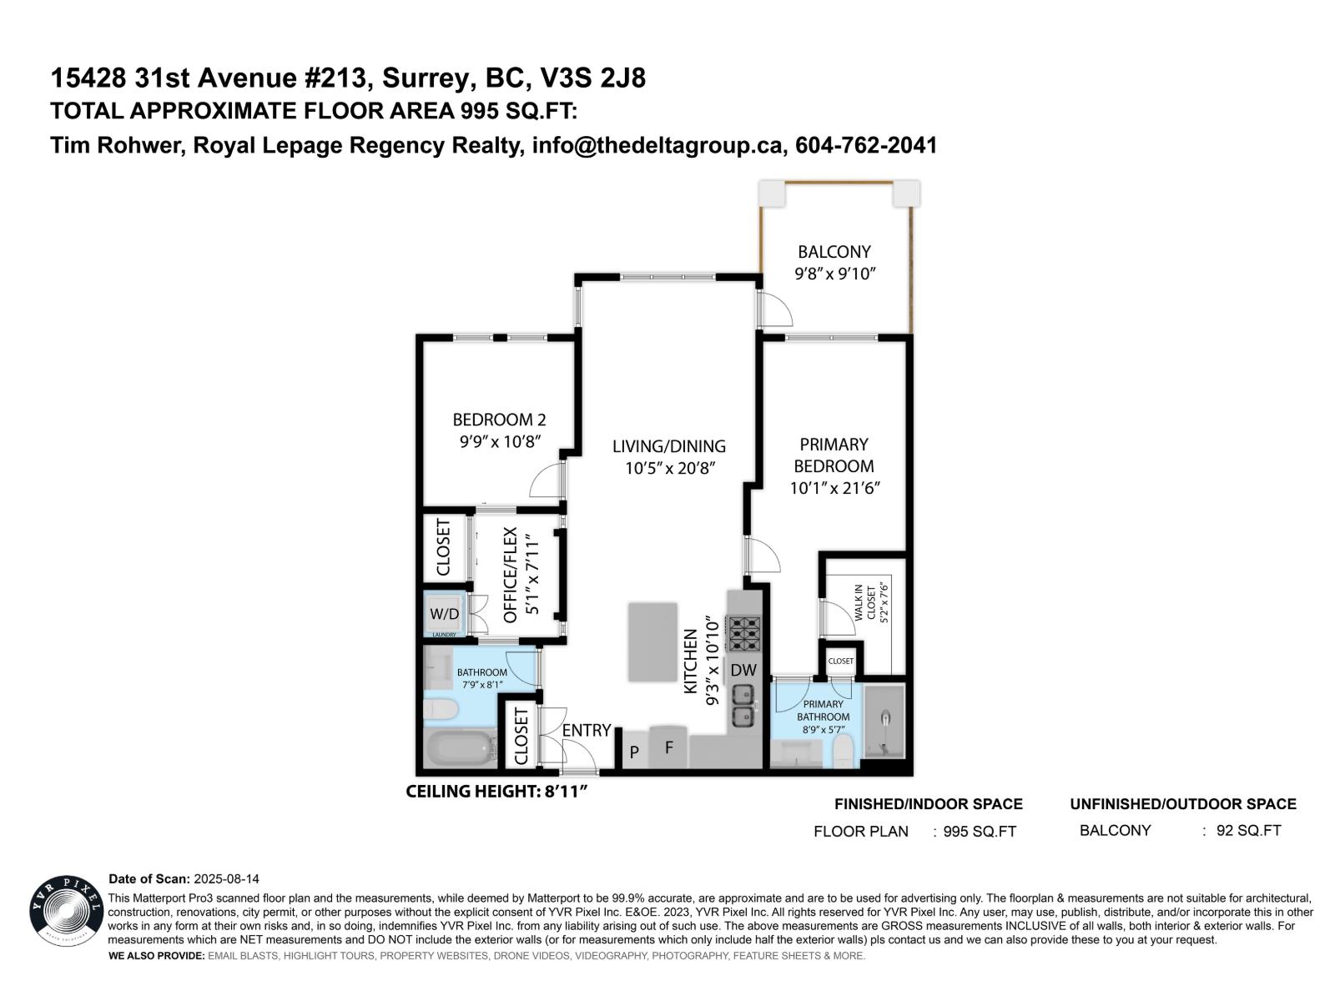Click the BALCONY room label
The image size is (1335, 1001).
834,251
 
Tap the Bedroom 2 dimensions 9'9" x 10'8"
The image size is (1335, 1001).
499,441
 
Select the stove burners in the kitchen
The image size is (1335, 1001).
743,633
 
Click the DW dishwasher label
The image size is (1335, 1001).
743,670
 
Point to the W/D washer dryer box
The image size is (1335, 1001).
444,614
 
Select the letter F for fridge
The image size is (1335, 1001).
668,747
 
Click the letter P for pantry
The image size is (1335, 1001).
634,752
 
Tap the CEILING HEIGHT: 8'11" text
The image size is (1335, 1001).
497,791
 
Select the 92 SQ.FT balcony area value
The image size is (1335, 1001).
1248,830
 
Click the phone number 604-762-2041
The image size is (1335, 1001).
866,145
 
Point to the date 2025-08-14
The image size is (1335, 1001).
226,879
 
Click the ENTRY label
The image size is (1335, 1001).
586,730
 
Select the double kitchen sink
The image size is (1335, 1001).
743,705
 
